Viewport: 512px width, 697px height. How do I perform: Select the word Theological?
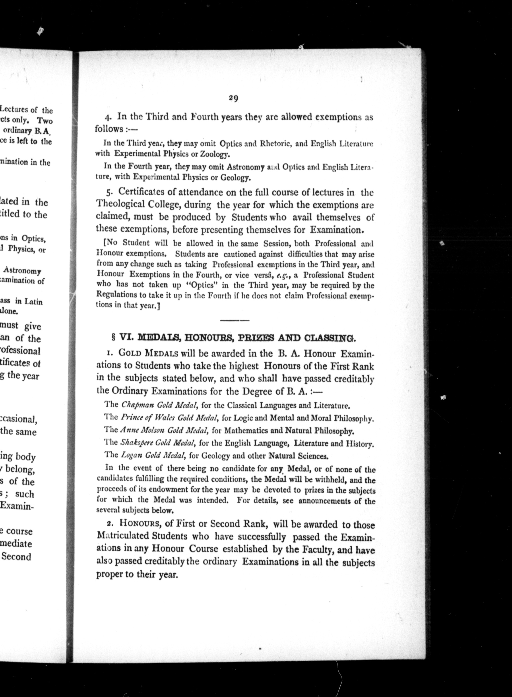[120, 204]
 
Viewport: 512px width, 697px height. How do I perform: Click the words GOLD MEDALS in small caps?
[148, 353]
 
